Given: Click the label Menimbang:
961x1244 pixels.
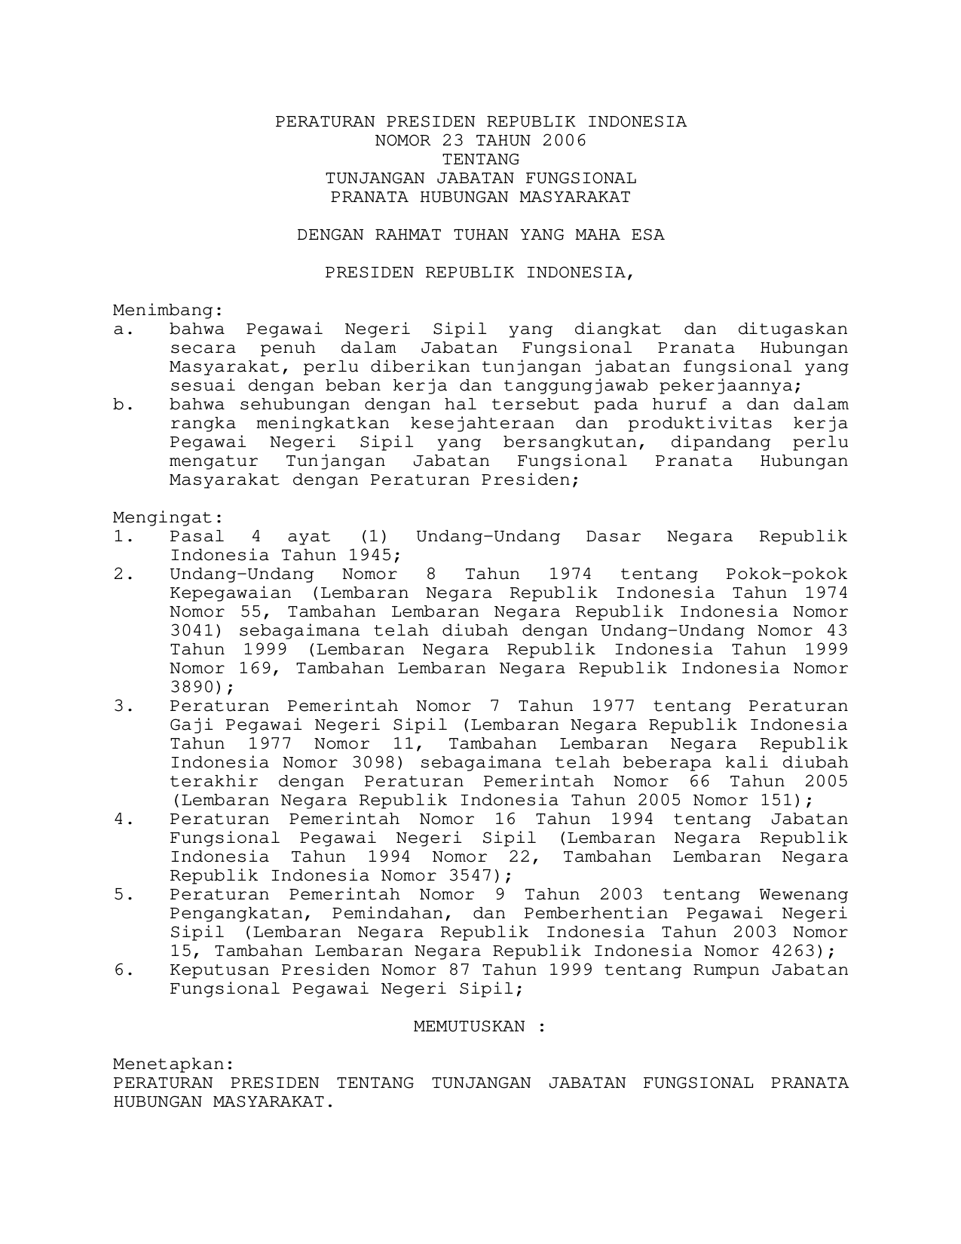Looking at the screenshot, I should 168,311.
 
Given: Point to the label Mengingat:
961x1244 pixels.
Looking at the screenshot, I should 168,518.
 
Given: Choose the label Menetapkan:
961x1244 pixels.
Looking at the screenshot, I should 173,1065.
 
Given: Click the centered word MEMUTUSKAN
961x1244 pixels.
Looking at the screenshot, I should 469,1027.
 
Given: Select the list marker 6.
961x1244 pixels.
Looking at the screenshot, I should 123,970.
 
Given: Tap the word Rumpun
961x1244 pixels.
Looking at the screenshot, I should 726,970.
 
